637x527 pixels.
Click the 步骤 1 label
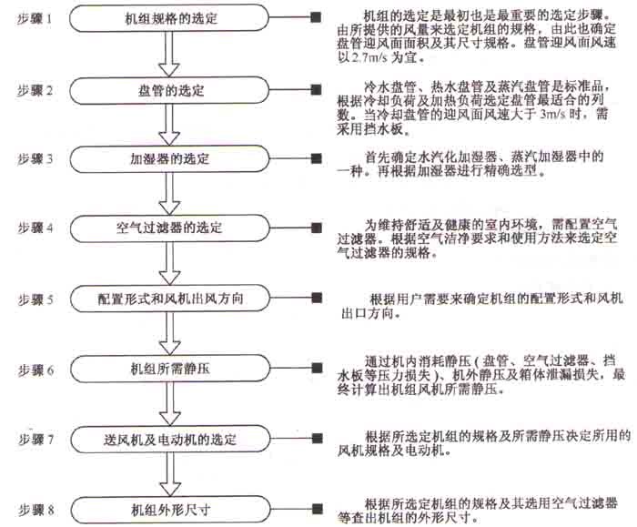tap(36, 18)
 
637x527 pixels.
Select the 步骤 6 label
tap(36, 370)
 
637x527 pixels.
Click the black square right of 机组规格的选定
tap(315, 18)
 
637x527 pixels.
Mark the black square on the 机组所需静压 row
tap(315, 370)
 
